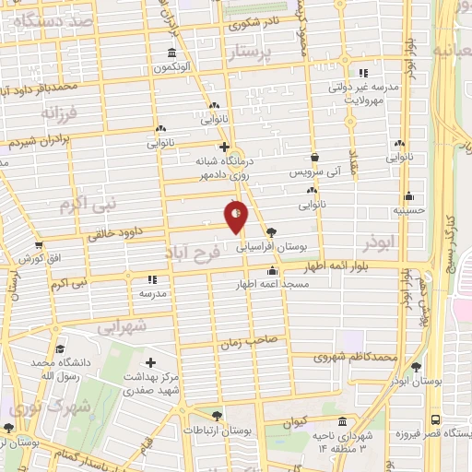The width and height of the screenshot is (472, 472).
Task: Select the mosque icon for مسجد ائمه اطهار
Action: [271, 271]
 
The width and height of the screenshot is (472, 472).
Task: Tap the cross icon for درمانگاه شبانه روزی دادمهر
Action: [224, 146]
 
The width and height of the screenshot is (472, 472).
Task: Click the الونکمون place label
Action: [171, 68]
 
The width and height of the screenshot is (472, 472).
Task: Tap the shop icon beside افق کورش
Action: [38, 245]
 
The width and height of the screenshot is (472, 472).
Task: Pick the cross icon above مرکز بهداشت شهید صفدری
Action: [151, 363]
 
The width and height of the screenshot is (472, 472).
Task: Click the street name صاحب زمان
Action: [249, 341]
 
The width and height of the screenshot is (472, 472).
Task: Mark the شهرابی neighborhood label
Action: [121, 325]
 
